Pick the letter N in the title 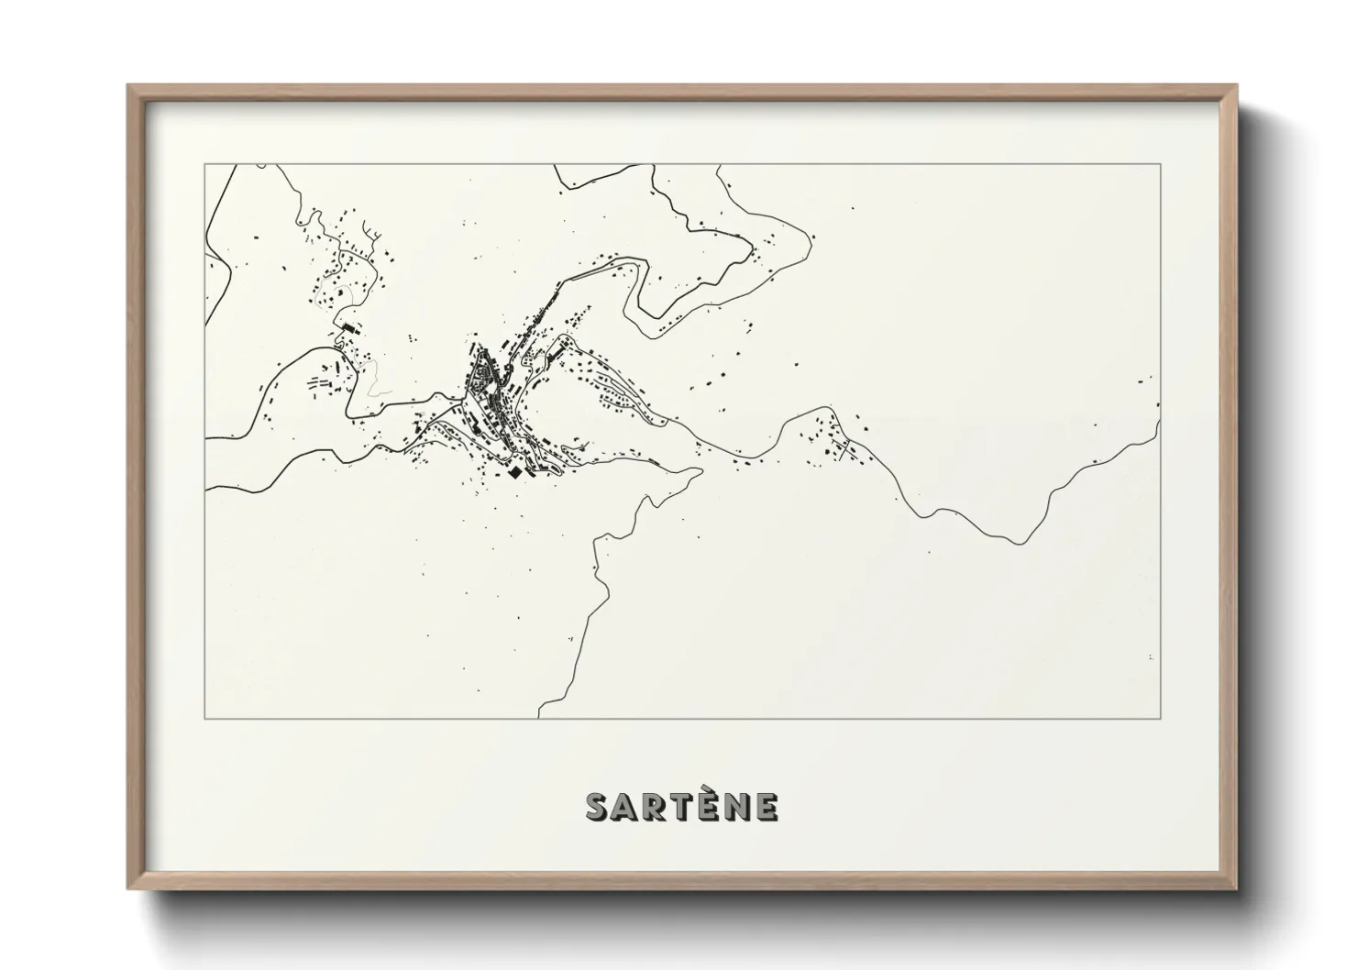point(738,807)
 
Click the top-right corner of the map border point(1161,164)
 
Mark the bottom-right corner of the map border point(1161,718)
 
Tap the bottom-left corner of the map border point(205,718)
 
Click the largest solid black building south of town point(515,471)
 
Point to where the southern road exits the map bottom point(539,716)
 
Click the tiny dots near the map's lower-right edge point(1151,657)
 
